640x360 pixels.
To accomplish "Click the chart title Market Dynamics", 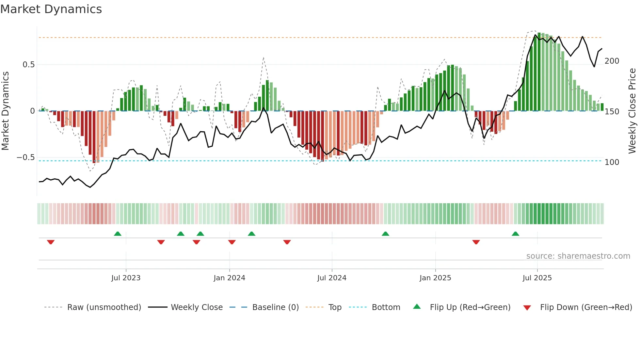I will (51, 9).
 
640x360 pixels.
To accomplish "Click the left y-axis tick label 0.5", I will (28, 65).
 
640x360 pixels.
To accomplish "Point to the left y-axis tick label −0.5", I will (26, 157).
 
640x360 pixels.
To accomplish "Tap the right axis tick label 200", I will (612, 61).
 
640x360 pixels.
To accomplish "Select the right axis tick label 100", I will (612, 162).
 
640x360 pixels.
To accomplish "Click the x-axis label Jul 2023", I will (126, 278).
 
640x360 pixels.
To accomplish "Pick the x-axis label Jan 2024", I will (229, 278).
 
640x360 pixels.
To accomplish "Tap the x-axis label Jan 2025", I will (435, 278).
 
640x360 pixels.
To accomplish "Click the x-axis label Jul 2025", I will (537, 278).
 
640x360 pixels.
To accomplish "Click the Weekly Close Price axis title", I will (632, 111).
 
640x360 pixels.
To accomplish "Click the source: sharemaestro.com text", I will (578, 256).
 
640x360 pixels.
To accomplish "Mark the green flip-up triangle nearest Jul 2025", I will (515, 234).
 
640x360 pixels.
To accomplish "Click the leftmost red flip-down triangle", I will (51, 242).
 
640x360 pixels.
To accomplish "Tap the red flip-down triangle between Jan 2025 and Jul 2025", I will (476, 242).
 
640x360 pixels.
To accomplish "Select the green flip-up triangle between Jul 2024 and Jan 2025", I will (385, 234).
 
